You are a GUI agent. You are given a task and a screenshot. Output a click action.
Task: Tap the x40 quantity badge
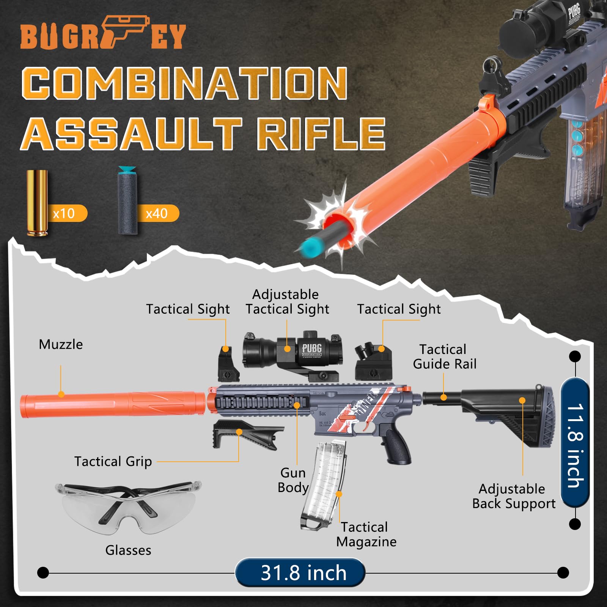[x=157, y=214]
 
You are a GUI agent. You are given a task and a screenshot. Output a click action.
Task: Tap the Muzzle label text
[x=61, y=344]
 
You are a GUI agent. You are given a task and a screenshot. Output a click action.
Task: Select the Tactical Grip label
[x=113, y=461]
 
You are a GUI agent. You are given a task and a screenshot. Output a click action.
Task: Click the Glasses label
[x=128, y=550]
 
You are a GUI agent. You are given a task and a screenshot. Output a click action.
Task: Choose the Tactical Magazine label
[x=366, y=534]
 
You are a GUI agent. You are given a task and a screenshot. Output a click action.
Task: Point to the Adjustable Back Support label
[x=514, y=496]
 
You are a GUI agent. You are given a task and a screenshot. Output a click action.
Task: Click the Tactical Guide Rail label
[x=444, y=357]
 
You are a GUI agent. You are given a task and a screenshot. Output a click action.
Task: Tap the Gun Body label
[x=292, y=480]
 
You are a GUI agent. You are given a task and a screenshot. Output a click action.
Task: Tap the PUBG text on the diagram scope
[x=312, y=348]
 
